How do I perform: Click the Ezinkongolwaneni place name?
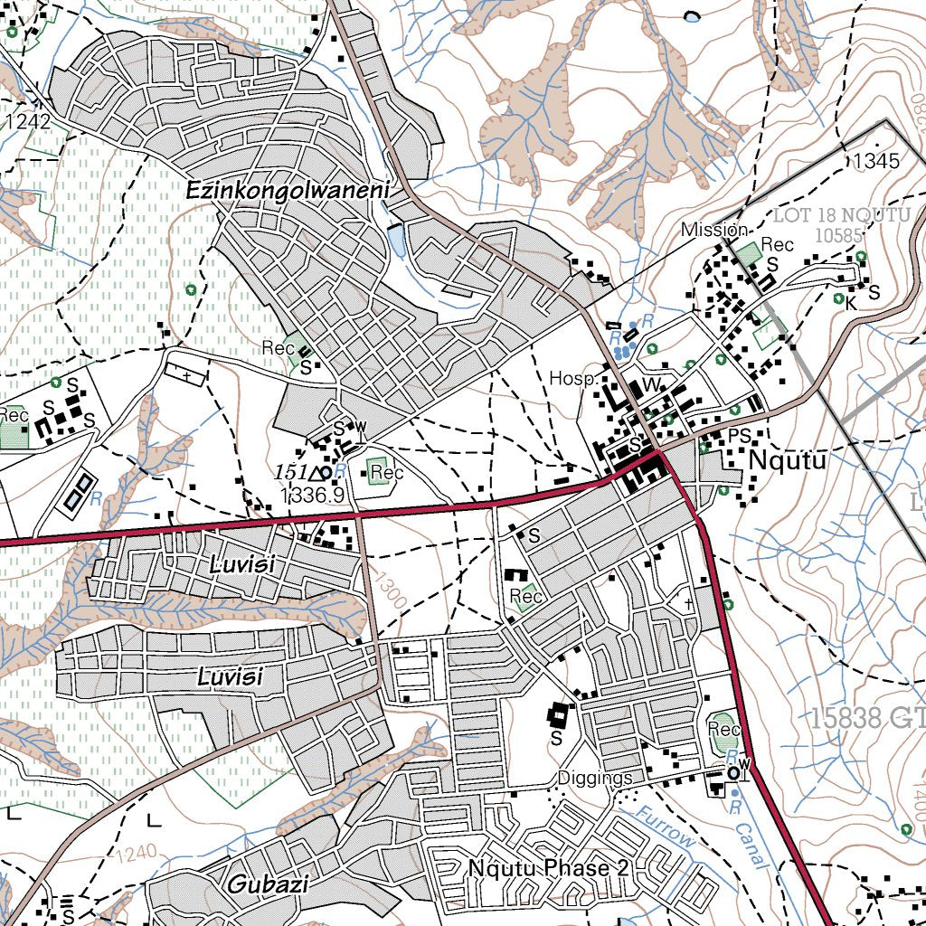287,192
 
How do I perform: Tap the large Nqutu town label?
788,461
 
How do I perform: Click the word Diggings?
594,778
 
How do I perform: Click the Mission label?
714,230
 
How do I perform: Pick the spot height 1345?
875,162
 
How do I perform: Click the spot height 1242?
27,120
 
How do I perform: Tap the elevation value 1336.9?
312,495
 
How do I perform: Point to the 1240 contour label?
137,852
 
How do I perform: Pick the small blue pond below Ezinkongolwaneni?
397,241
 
